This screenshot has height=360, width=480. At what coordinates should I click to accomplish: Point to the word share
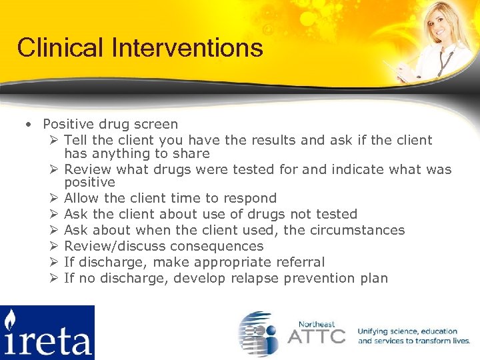(x=191, y=153)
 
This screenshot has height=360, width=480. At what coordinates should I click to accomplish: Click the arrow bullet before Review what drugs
(x=54, y=169)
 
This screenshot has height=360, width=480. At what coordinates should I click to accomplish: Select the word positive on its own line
(x=89, y=182)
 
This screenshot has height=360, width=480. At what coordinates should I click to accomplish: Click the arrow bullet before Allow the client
(x=54, y=198)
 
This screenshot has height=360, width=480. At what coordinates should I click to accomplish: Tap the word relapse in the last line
(x=255, y=278)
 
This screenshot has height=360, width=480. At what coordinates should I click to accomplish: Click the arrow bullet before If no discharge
(x=54, y=278)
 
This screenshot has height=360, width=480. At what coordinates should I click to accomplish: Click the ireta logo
(x=47, y=332)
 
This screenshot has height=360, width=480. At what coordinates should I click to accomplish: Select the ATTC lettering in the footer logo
(x=317, y=335)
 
